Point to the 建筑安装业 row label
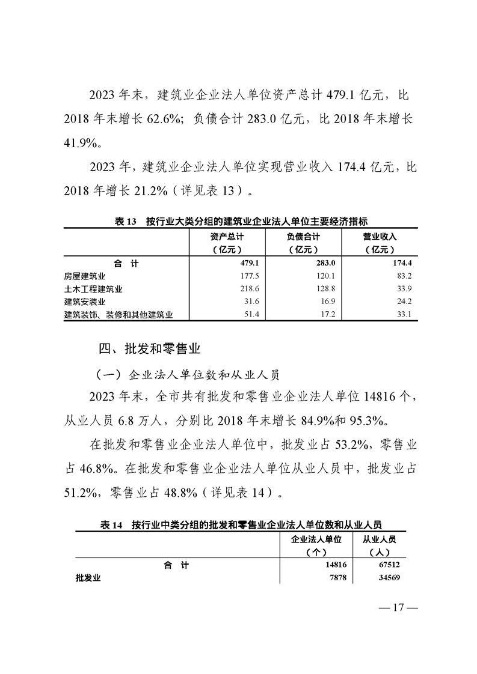(84, 302)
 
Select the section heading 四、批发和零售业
(149, 348)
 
